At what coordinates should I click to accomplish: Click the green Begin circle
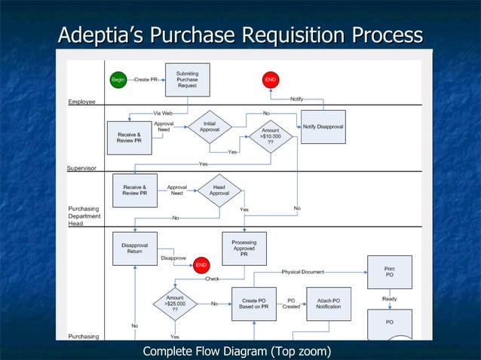118,79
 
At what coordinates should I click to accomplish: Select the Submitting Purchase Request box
187,80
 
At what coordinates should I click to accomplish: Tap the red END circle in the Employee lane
271,79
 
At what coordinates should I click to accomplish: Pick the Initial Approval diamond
210,127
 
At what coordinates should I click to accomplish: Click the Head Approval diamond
219,190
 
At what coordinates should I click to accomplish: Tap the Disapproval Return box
134,249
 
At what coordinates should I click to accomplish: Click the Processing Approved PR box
244,249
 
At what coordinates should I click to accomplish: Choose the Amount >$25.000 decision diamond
175,304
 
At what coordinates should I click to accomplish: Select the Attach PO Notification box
328,304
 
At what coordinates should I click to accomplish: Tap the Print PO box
390,272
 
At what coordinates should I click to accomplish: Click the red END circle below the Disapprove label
201,265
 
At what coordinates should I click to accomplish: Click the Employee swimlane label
82,101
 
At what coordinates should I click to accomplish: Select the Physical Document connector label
304,271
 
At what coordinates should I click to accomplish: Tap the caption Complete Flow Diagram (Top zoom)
237,351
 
